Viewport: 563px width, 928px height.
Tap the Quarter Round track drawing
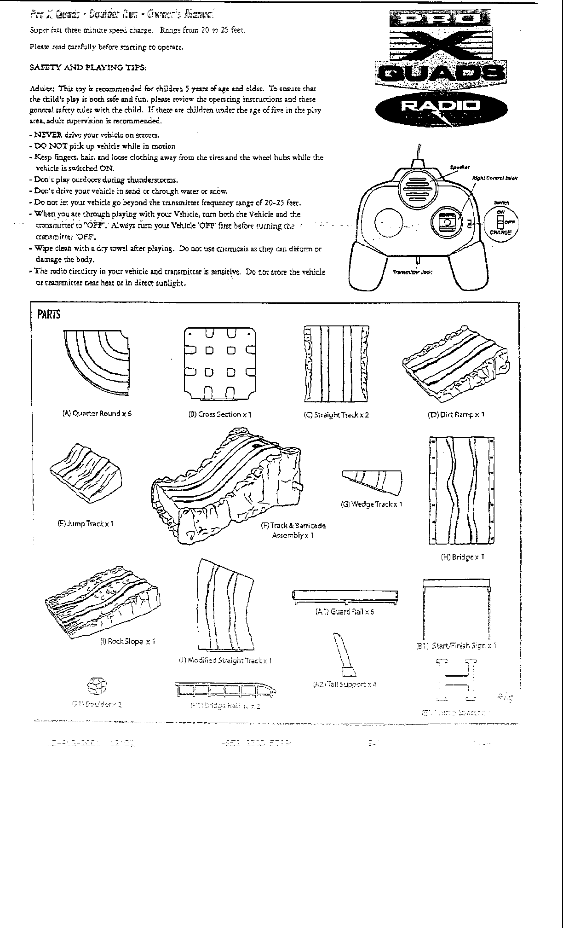(97, 364)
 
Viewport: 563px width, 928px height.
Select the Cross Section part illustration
(219, 363)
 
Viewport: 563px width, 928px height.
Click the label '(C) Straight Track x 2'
(336, 415)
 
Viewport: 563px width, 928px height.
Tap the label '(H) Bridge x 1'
(462, 557)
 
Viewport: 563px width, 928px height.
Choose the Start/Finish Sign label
(456, 646)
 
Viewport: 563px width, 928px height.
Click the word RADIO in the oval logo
(441, 106)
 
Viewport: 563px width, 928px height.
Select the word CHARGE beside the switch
(501, 232)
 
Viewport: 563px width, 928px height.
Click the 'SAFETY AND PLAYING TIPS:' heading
(88, 68)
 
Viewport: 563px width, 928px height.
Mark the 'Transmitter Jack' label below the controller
(412, 272)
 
